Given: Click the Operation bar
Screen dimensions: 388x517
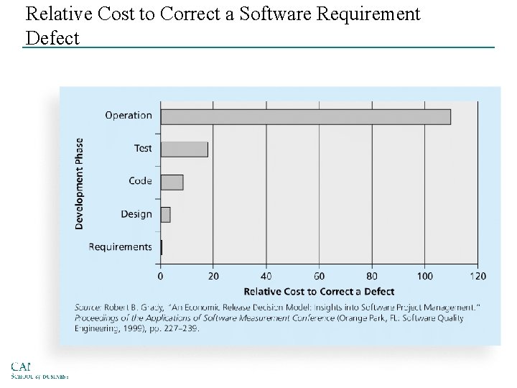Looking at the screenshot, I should [305, 116].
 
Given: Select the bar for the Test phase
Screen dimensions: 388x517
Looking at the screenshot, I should [184, 149].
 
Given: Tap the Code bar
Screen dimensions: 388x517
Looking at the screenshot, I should [172, 182].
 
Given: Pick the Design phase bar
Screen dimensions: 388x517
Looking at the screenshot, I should [165, 214].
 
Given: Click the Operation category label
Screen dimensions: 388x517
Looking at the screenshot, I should [129, 115].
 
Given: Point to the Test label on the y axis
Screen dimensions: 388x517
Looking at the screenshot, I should [143, 148].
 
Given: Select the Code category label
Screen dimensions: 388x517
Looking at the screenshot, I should [140, 181].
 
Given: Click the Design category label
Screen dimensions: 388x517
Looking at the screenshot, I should [136, 214].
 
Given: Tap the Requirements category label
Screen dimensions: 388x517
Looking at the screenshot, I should [120, 247].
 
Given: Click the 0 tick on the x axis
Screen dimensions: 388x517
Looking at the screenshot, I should [160, 276].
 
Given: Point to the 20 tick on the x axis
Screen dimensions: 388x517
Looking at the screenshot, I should [213, 276].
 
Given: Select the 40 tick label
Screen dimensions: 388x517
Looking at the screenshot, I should [266, 276].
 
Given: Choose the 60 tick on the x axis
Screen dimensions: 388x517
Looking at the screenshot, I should [319, 276].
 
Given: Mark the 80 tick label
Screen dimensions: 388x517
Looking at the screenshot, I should [372, 276].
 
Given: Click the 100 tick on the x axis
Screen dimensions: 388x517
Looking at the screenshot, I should [425, 276].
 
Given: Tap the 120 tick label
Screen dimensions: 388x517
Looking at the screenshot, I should [478, 276].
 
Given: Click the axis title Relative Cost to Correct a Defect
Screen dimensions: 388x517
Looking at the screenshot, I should [319, 292].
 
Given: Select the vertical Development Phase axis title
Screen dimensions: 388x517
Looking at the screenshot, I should [79, 183].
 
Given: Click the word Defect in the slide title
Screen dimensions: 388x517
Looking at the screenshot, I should [52, 38].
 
